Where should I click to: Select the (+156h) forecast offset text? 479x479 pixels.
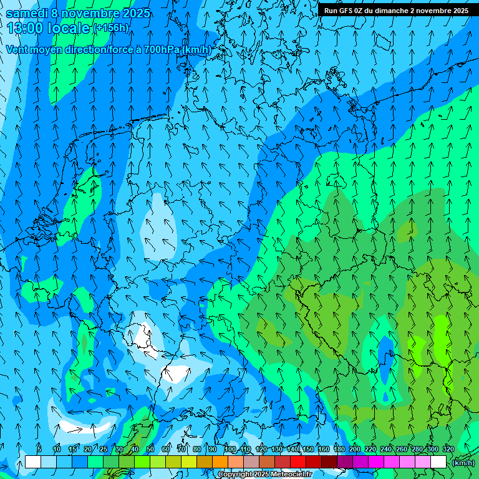point(110,28)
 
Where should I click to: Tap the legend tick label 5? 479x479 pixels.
point(39,449)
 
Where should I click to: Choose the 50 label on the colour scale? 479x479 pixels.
point(150,449)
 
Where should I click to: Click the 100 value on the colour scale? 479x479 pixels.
point(230,449)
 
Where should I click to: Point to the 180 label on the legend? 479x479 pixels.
point(339,449)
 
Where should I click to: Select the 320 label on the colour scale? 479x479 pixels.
point(448,449)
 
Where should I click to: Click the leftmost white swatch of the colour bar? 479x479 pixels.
point(33,462)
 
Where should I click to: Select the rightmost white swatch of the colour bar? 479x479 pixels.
point(438,462)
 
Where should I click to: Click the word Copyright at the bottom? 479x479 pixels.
point(235,475)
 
